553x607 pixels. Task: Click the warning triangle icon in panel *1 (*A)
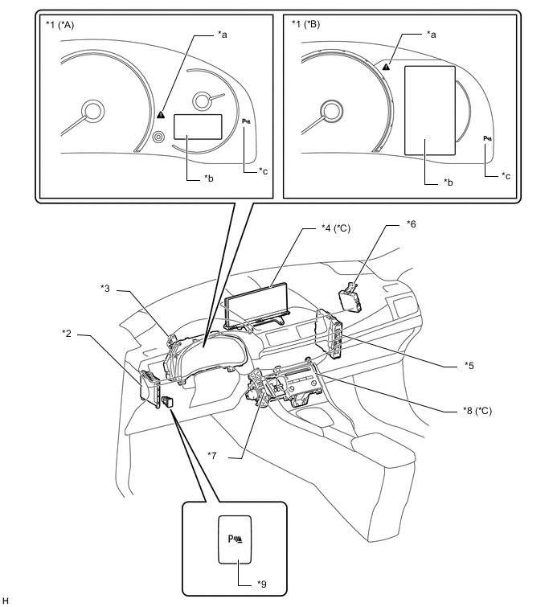pyautogui.click(x=161, y=114)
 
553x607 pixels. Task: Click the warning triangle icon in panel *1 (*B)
pyautogui.click(x=386, y=67)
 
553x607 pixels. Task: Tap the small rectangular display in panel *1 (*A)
pyautogui.click(x=198, y=126)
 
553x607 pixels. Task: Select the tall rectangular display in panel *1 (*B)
pyautogui.click(x=429, y=111)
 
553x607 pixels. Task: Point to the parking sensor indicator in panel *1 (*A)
pyautogui.click(x=247, y=121)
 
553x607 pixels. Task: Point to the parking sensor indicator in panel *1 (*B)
pyautogui.click(x=488, y=138)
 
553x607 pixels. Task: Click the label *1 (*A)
pyautogui.click(x=60, y=25)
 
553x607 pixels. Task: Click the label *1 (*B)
pyautogui.click(x=305, y=24)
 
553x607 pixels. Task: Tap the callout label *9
pyautogui.click(x=262, y=584)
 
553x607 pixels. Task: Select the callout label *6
pyautogui.click(x=412, y=224)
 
